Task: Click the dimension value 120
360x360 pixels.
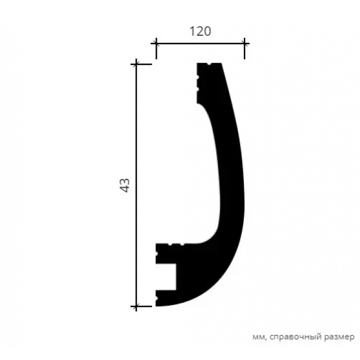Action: (x=200, y=31)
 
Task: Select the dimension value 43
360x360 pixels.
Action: (x=124, y=185)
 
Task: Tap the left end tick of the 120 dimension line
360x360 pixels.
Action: (x=156, y=43)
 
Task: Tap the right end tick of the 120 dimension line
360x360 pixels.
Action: (x=244, y=43)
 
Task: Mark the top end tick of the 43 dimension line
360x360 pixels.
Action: (x=136, y=64)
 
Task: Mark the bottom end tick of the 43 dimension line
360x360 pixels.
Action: (x=136, y=307)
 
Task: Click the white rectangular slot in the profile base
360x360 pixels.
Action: (x=166, y=277)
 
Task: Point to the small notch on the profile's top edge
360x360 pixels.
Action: (x=209, y=63)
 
